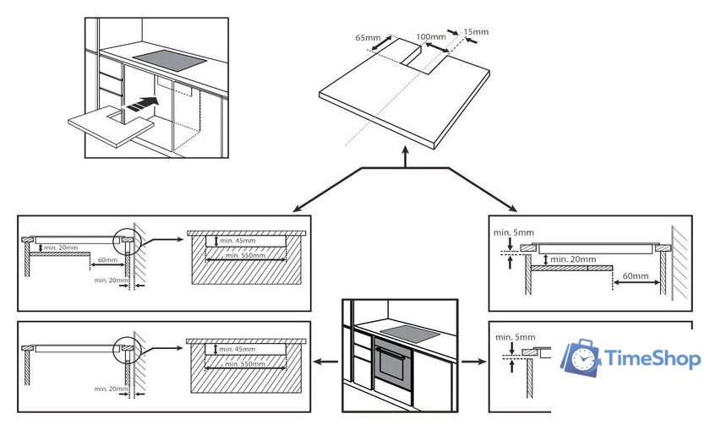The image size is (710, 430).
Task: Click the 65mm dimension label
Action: (368, 38)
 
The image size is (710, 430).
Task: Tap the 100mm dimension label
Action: (431, 37)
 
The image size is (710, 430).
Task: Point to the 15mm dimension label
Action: (477, 32)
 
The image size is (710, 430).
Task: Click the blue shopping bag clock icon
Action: (582, 359)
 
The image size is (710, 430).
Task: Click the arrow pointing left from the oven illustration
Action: (322, 362)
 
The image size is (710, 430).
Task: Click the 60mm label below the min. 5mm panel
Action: (637, 275)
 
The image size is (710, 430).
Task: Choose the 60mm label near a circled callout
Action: (106, 260)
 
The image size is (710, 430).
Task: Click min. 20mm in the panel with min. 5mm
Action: (573, 259)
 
